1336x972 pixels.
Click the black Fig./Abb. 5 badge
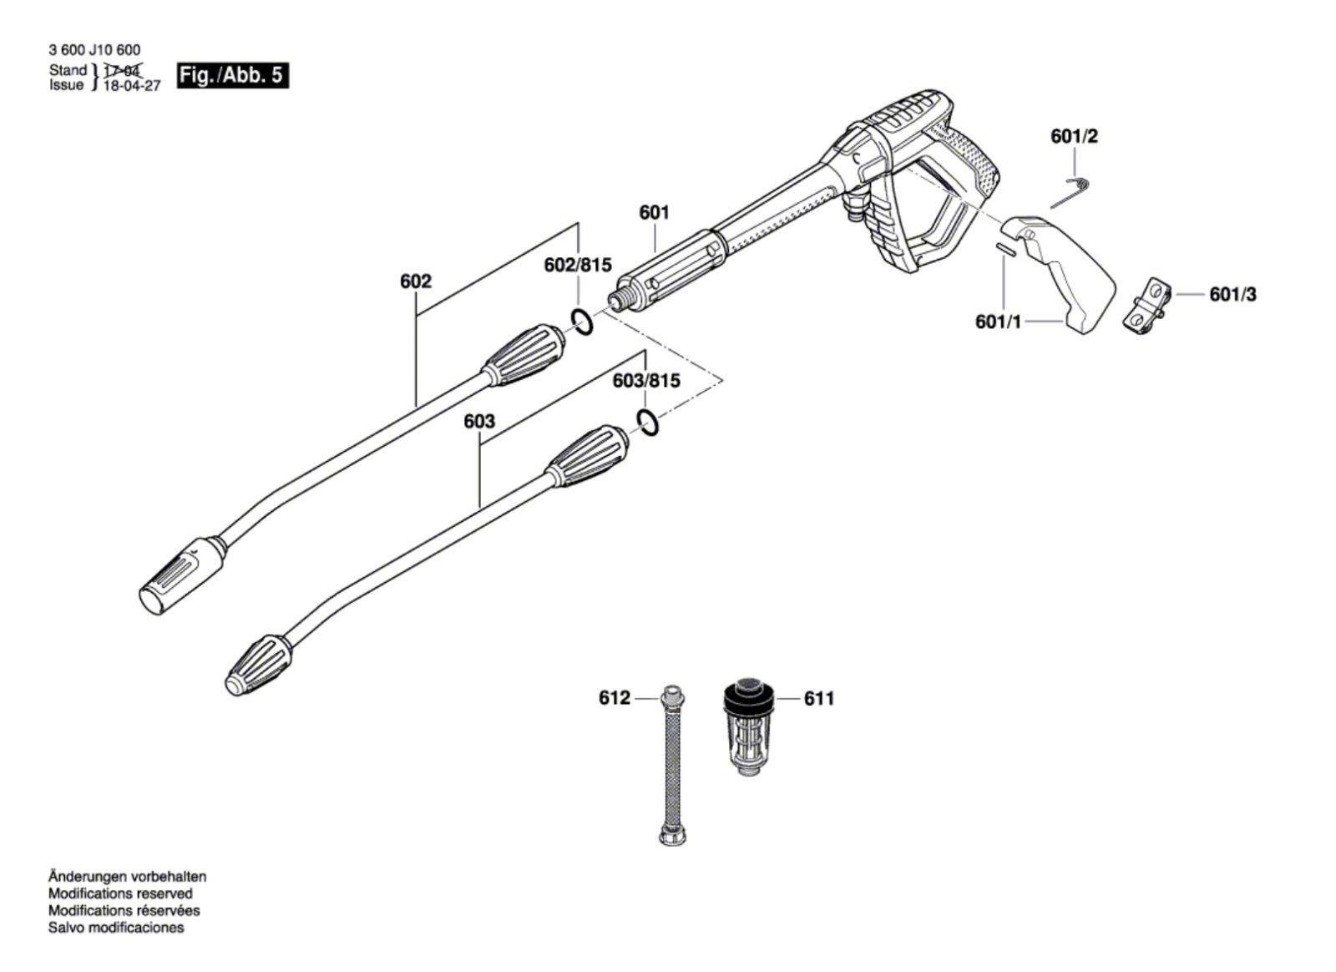[233, 76]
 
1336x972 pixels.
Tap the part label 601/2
[1074, 137]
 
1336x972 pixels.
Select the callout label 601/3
[1232, 294]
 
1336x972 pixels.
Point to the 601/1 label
[998, 322]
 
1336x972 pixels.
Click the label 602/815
[578, 265]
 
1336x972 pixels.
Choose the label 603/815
[646, 381]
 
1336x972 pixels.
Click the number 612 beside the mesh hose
[615, 698]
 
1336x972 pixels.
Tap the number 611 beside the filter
[819, 698]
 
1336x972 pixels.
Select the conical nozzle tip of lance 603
[259, 665]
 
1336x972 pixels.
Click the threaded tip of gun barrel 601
[621, 297]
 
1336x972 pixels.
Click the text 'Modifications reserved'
[120, 894]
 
